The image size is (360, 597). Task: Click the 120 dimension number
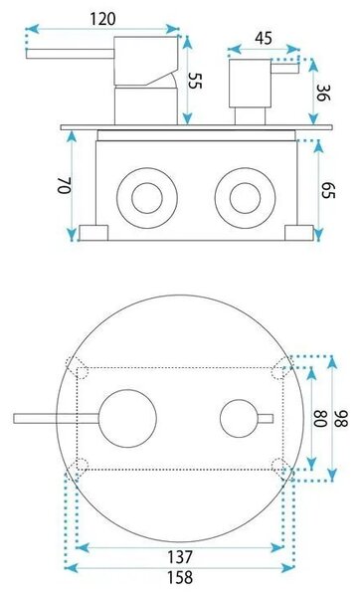click(x=102, y=18)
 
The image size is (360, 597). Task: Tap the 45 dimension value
click(x=264, y=39)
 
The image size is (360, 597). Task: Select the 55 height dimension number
click(x=195, y=81)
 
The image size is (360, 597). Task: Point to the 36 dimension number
click(x=323, y=93)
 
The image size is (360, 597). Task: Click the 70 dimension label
click(x=65, y=185)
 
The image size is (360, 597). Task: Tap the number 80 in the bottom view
click(x=320, y=418)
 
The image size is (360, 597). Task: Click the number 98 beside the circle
click(x=341, y=419)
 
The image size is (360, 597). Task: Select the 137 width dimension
click(x=180, y=557)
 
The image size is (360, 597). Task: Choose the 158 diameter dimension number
click(x=180, y=577)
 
